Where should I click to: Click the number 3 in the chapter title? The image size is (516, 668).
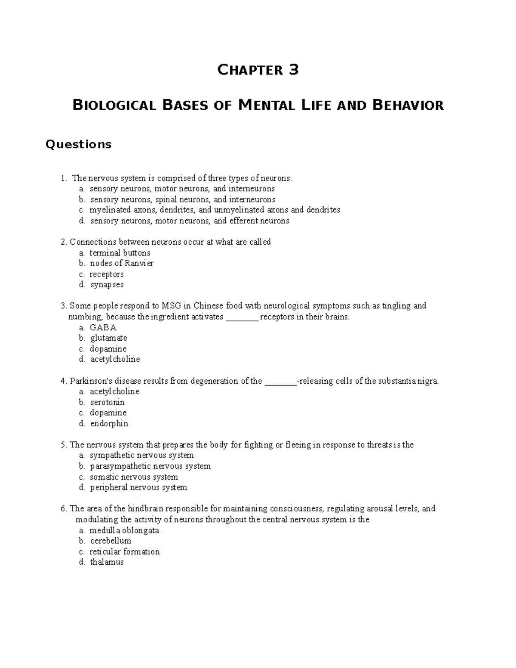293,70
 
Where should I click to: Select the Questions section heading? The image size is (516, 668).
78,144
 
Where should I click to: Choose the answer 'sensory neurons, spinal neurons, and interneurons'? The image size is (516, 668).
182,200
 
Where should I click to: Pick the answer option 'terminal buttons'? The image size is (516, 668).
120,253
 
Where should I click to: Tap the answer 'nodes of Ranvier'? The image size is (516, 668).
121,263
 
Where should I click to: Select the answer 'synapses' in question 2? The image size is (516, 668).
107,285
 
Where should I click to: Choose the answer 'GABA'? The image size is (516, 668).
103,327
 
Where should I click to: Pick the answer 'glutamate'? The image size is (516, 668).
108,338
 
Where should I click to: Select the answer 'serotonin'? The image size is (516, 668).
107,402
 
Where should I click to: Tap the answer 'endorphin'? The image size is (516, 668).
109,424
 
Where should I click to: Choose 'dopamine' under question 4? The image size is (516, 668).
108,413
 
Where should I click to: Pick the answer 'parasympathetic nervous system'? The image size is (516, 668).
150,466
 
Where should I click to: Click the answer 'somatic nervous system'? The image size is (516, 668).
134,477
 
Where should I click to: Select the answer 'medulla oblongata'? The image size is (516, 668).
124,530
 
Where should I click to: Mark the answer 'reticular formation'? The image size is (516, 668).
124,551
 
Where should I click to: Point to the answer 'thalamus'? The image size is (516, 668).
107,562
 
